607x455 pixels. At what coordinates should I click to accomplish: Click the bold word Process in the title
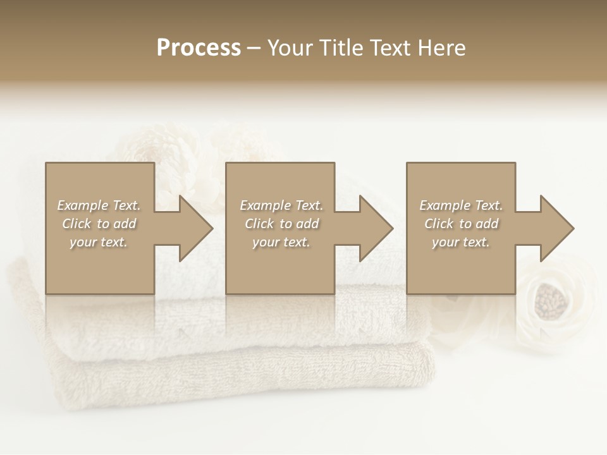click(199, 48)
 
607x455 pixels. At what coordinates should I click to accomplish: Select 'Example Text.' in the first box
click(99, 205)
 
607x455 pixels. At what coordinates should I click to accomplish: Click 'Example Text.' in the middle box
click(281, 205)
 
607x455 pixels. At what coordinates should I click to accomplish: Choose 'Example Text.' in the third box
click(461, 205)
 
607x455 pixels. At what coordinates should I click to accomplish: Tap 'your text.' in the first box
click(99, 242)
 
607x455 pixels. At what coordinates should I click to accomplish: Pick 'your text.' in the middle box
click(281, 242)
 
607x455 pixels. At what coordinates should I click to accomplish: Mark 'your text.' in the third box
click(461, 242)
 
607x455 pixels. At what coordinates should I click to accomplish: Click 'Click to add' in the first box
click(99, 224)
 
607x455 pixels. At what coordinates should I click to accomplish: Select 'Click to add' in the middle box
click(281, 224)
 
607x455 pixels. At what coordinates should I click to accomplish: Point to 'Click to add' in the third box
click(461, 224)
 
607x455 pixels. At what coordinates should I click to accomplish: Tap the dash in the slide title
click(254, 48)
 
